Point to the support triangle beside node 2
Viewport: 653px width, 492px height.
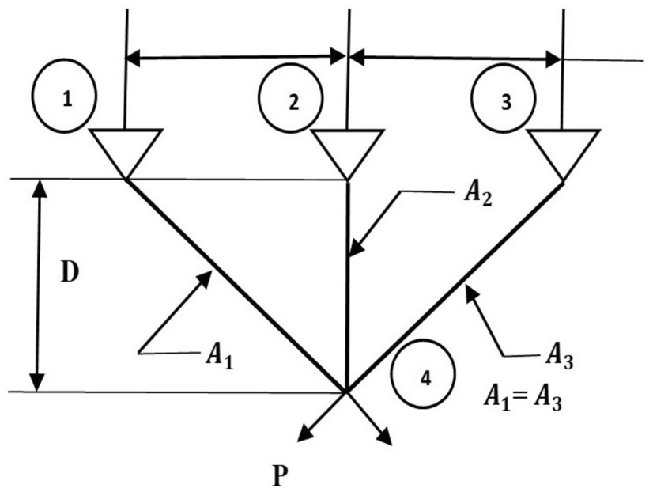347,150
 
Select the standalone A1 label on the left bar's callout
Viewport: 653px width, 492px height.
220,355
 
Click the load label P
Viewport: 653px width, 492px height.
279,477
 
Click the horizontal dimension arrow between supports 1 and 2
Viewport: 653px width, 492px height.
236,57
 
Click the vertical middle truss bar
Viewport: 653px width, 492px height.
348,301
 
